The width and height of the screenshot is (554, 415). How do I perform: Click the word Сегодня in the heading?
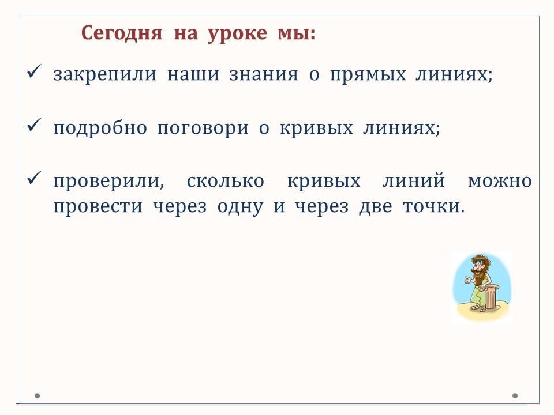click(x=122, y=34)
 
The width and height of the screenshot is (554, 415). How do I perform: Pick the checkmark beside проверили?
click(x=34, y=178)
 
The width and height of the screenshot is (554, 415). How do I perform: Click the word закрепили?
click(x=104, y=75)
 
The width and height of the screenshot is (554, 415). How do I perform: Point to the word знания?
click(x=264, y=74)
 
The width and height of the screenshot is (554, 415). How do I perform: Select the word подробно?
click(x=100, y=128)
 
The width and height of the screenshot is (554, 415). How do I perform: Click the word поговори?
click(x=203, y=129)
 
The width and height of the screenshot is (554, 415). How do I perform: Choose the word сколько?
click(x=225, y=181)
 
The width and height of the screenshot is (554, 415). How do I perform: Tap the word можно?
click(x=500, y=182)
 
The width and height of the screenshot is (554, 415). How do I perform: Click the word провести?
click(x=98, y=207)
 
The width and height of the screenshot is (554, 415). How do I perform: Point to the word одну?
click(x=240, y=207)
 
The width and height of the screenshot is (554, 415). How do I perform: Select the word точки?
click(x=433, y=206)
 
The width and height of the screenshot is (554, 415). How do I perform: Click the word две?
click(x=375, y=206)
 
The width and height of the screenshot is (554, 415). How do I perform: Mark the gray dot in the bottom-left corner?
click(x=37, y=395)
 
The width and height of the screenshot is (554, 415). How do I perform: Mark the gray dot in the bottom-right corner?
click(x=515, y=395)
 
